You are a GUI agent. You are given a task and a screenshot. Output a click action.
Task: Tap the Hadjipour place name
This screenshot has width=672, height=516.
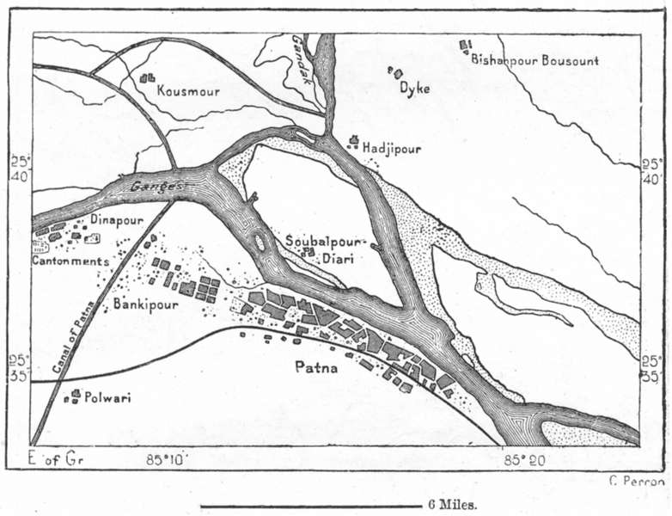point(392,148)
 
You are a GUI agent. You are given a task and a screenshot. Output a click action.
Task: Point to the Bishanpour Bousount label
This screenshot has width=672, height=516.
point(534,59)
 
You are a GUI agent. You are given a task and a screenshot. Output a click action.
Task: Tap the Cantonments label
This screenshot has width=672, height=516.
point(70,261)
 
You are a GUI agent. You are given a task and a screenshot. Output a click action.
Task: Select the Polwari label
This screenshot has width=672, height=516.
point(107,398)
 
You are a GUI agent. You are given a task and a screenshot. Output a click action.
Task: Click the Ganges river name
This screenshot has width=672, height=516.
point(156,185)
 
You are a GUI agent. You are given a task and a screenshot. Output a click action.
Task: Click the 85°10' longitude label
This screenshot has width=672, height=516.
point(165,460)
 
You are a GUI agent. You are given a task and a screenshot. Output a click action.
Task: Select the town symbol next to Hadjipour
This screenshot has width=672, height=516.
point(352,142)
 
